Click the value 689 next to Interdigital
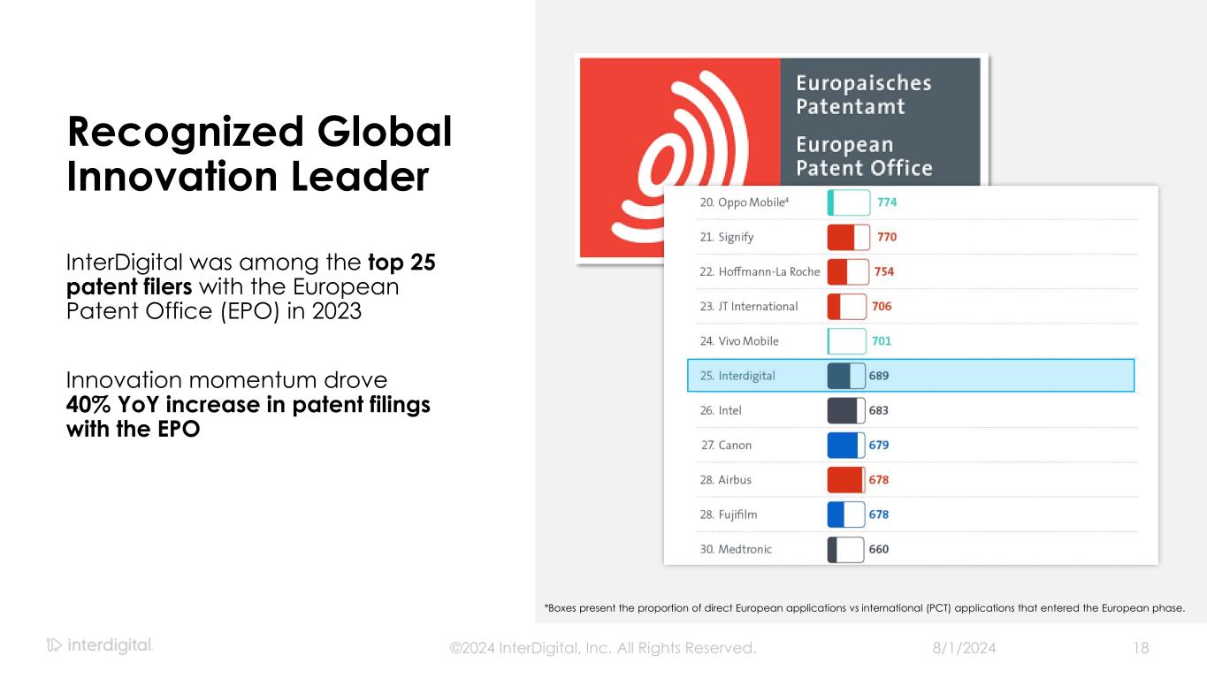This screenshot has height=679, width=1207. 879,376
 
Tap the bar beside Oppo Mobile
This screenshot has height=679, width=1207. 849,202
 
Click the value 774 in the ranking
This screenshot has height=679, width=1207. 887,202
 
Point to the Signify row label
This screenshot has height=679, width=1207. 726,237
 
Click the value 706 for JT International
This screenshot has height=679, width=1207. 882,306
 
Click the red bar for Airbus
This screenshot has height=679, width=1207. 846,479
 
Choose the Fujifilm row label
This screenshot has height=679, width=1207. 729,515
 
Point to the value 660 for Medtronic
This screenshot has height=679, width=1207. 879,549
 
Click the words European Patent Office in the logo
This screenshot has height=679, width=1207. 864,156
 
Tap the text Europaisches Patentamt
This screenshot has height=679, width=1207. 863,95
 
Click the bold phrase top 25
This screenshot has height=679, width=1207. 401,263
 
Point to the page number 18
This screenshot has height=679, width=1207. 1141,648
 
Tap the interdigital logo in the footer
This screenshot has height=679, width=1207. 100,646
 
